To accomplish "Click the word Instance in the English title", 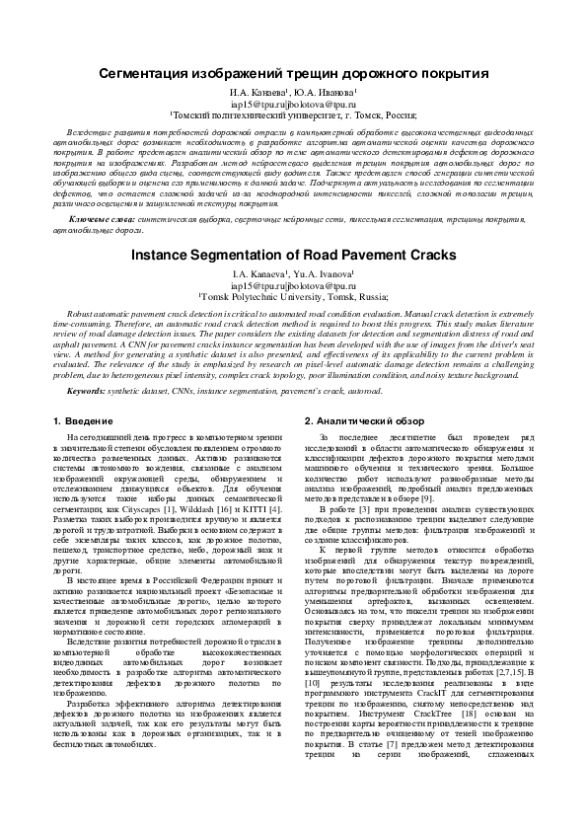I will pos(164,254).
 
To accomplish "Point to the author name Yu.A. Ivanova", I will pos(327,272).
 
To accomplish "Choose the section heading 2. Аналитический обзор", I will pos(364,421).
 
